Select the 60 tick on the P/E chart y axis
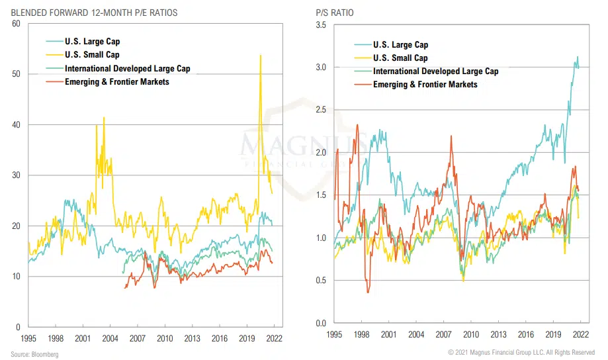[x=17, y=24]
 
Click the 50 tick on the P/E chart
[x=17, y=74]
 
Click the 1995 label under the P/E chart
[x=28, y=338]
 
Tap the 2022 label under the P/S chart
[x=580, y=336]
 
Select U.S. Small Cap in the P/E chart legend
[x=92, y=54]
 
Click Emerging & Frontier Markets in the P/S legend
[x=425, y=84]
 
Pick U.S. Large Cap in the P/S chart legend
[x=400, y=45]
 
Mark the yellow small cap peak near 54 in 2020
[x=260, y=56]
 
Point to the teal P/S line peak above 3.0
[x=578, y=57]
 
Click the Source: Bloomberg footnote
[x=34, y=354]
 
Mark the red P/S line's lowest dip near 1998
[x=367, y=292]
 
